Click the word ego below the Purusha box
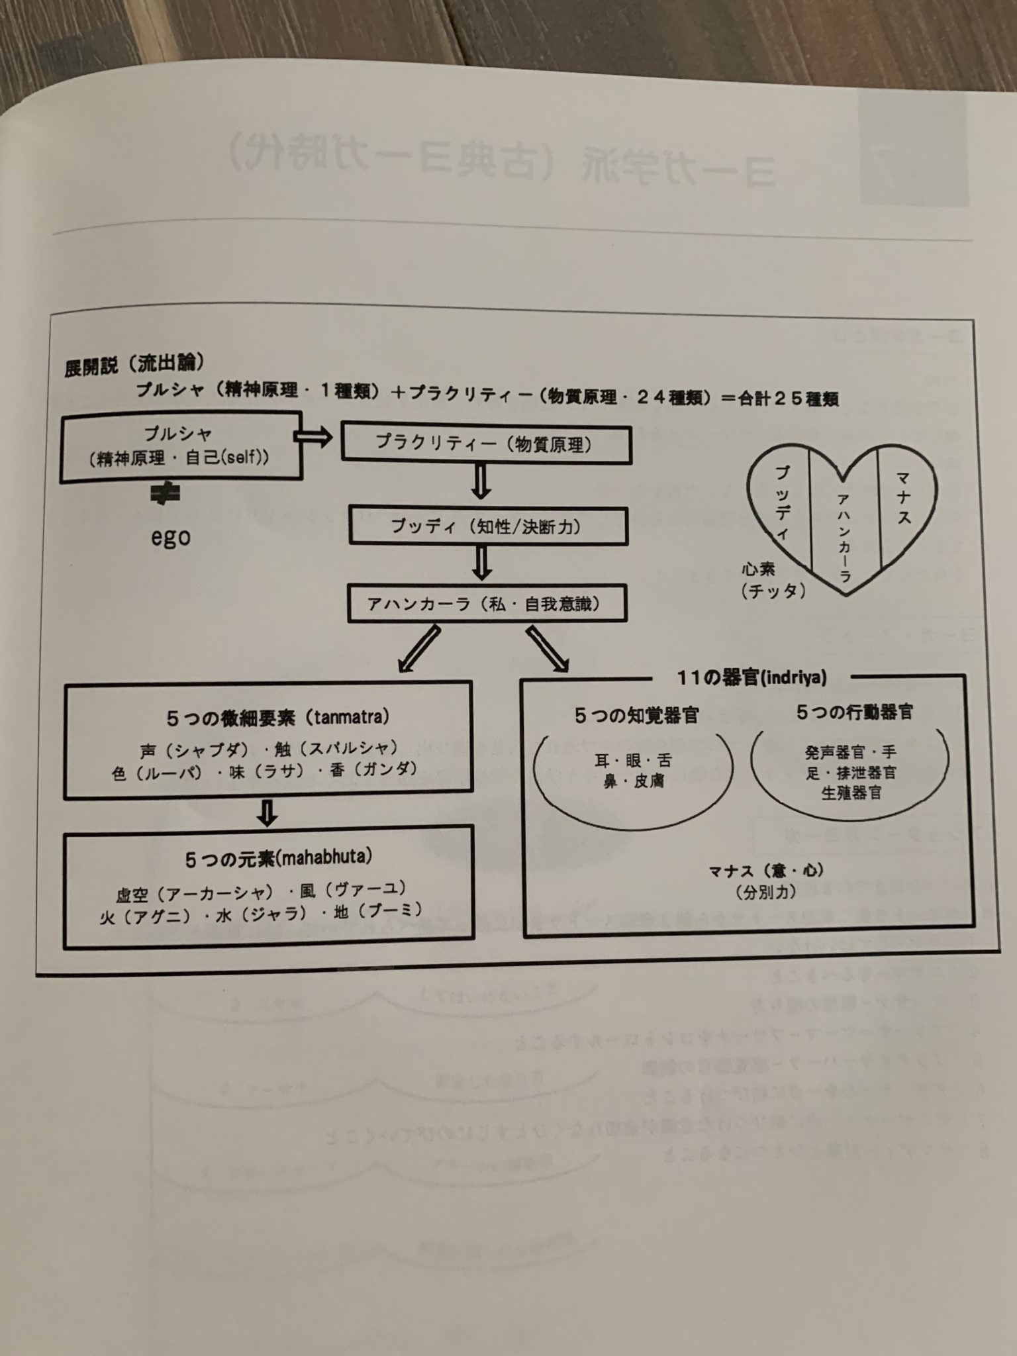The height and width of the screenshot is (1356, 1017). tap(171, 537)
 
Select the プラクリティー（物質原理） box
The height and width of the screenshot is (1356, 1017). tap(485, 444)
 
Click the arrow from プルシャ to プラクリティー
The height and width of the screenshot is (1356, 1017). tap(313, 437)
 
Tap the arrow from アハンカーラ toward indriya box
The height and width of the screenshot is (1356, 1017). tap(546, 648)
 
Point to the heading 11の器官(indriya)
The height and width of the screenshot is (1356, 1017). tap(751, 677)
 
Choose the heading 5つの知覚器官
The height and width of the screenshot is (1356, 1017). tap(636, 715)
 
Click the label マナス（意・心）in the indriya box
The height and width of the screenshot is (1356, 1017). tap(765, 871)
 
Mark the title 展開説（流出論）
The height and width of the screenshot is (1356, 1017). tap(134, 365)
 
